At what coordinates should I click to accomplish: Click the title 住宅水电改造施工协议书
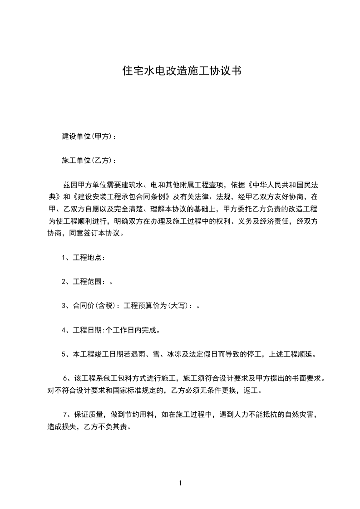click(x=182, y=71)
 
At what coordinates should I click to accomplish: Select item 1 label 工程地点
click(x=87, y=257)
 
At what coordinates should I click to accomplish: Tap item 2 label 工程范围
click(x=87, y=281)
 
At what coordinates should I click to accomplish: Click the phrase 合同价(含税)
click(x=94, y=306)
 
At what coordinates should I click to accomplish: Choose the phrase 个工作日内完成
click(x=131, y=330)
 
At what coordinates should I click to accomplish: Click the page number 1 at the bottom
click(x=180, y=483)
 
